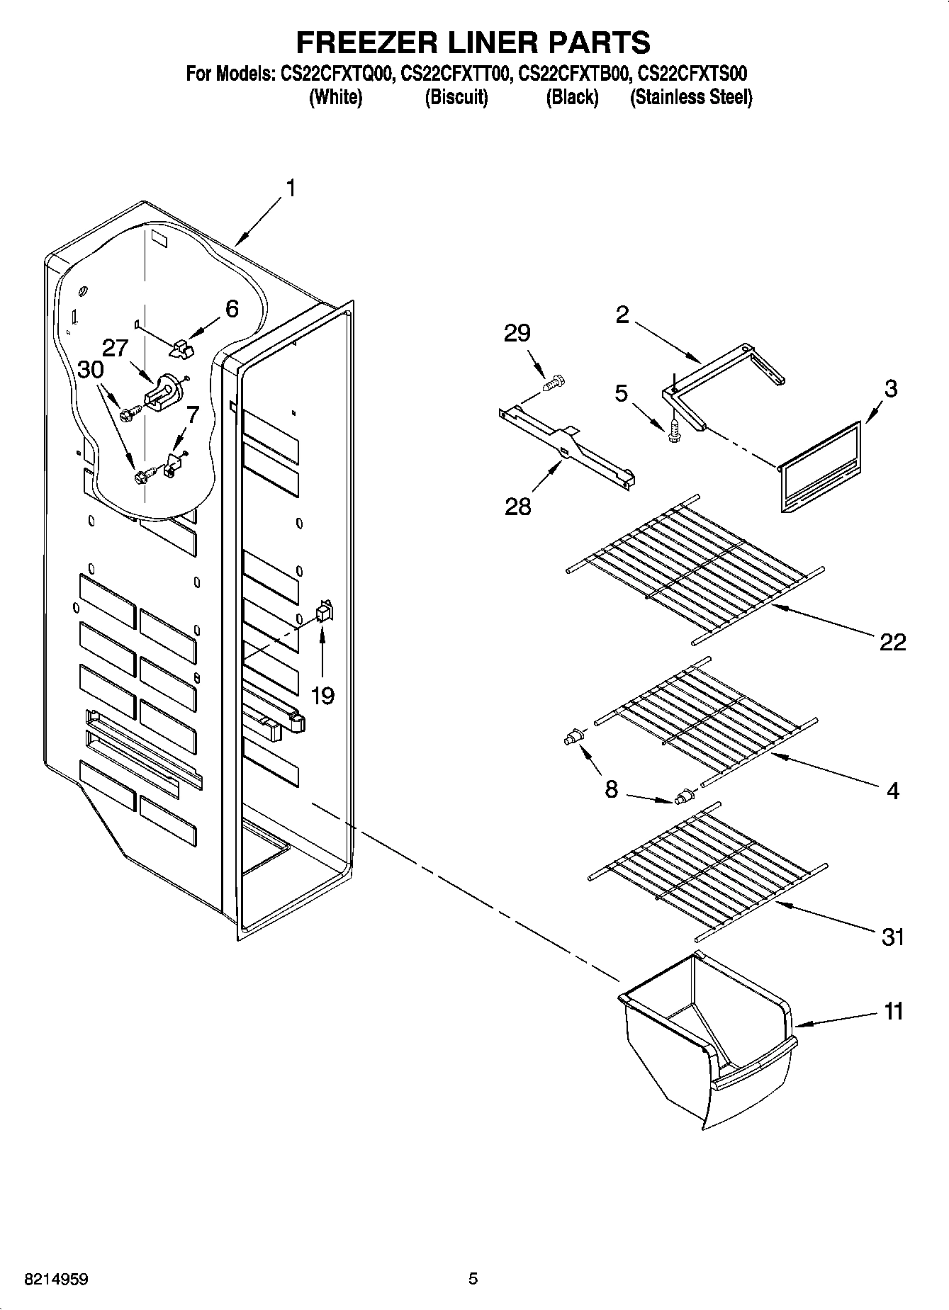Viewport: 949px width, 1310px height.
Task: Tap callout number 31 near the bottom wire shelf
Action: click(x=892, y=937)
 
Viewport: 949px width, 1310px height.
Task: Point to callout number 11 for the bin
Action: click(x=894, y=1011)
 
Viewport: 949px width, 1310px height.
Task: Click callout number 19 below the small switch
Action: click(x=322, y=696)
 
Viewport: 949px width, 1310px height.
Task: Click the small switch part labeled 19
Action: click(x=325, y=610)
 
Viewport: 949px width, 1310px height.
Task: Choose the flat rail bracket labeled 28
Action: click(x=567, y=446)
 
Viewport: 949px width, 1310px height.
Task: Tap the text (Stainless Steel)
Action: click(x=690, y=97)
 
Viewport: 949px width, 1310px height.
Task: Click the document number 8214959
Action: click(x=57, y=1280)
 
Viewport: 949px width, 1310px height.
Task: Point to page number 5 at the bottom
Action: click(x=473, y=1279)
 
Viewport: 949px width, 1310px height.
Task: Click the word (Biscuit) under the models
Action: click(x=456, y=97)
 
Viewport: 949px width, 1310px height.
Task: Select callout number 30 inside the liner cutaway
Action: click(x=91, y=369)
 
